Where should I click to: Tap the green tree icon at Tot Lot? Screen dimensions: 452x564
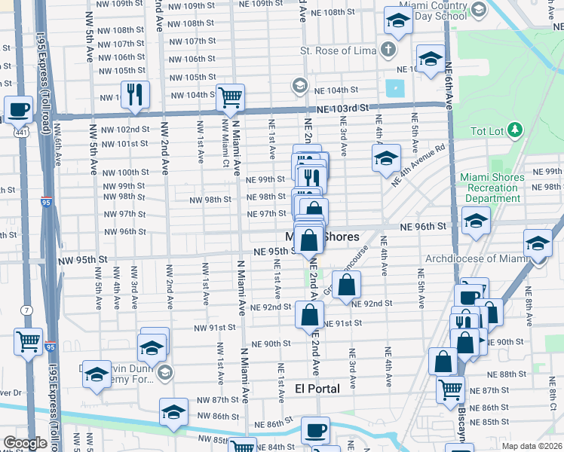pyautogui.click(x=515, y=130)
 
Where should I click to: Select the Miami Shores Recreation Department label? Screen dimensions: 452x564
pyautogui.click(x=492, y=188)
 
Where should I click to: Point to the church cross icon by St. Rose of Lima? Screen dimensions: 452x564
pyautogui.click(x=388, y=50)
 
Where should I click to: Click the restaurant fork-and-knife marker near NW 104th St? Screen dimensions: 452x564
pyautogui.click(x=135, y=94)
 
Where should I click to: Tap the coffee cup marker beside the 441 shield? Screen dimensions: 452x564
pyautogui.click(x=18, y=109)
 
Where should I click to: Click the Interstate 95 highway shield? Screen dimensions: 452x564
pyautogui.click(x=47, y=203)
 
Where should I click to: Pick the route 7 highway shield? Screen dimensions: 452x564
pyautogui.click(x=27, y=310)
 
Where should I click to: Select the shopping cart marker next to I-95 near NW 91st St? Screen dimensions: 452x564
pyautogui.click(x=29, y=341)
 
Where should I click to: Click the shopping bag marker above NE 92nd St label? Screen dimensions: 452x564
pyautogui.click(x=346, y=286)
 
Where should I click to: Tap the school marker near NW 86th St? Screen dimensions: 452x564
pyautogui.click(x=173, y=412)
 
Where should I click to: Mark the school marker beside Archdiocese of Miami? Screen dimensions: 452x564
pyautogui.click(x=537, y=244)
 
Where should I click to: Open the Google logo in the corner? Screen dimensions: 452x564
pyautogui.click(x=25, y=444)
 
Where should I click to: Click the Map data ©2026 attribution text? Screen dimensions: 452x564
pyautogui.click(x=532, y=446)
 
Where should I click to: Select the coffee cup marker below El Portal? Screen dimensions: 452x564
pyautogui.click(x=315, y=431)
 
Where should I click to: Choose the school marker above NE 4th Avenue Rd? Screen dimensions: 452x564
pyautogui.click(x=385, y=159)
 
